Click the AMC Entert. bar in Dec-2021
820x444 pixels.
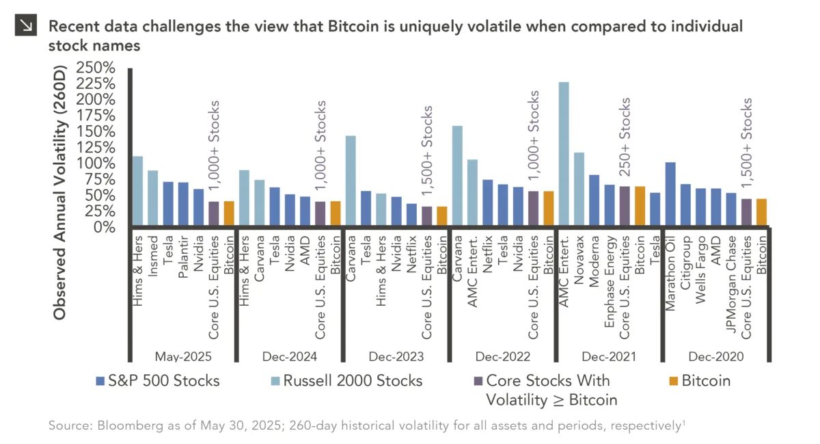[564, 155]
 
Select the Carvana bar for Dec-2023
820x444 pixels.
[351, 181]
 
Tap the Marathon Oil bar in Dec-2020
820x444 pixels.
[670, 195]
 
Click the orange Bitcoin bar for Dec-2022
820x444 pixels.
[549, 209]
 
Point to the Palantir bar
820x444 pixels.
[183, 204]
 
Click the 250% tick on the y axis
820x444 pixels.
[97, 68]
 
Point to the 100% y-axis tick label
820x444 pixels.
[97, 164]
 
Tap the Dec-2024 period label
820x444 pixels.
[290, 356]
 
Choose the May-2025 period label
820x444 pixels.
[183, 356]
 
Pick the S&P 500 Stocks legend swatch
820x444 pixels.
[100, 381]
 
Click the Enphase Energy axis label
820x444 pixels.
[610, 274]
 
